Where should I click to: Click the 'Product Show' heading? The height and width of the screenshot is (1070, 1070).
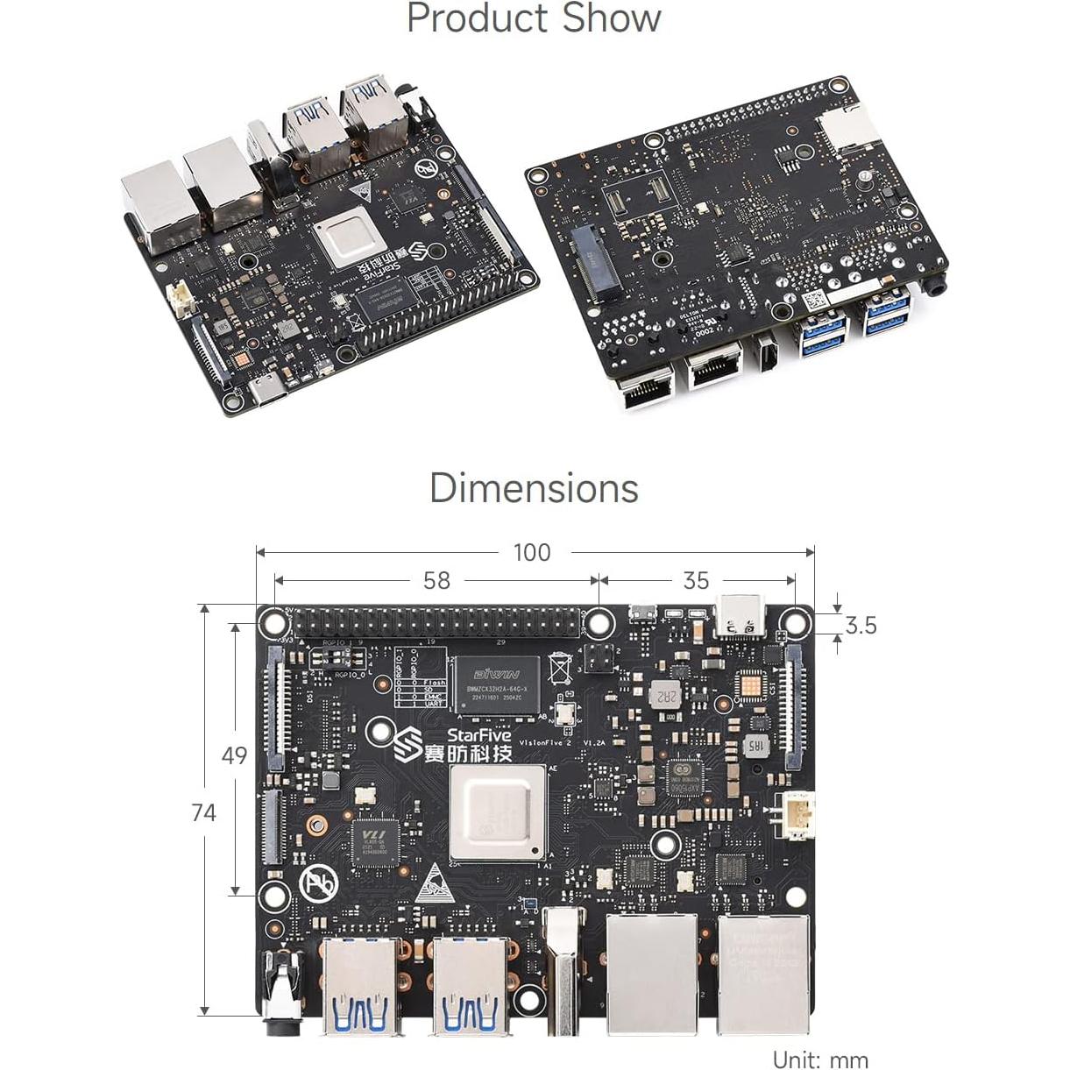pos(534,18)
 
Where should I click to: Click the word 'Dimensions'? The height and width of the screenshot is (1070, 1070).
pos(534,488)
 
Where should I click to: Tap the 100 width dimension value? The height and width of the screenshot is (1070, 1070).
pos(532,552)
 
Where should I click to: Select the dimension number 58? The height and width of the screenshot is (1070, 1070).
pos(436,580)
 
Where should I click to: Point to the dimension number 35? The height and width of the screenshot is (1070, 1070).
pos(696,580)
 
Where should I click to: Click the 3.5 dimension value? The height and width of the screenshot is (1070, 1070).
pos(861,625)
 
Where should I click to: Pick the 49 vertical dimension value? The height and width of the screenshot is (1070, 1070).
pos(234,755)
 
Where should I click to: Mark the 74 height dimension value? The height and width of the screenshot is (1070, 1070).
pos(203,812)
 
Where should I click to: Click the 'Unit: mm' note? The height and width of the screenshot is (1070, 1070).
pos(820,1060)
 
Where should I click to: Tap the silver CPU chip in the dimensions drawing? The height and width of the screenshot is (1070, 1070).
pos(497,812)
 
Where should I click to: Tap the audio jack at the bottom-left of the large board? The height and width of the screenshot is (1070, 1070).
pos(281,986)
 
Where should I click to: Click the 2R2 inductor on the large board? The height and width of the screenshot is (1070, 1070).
pos(667,696)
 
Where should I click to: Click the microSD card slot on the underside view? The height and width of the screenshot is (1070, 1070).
pos(847,128)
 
